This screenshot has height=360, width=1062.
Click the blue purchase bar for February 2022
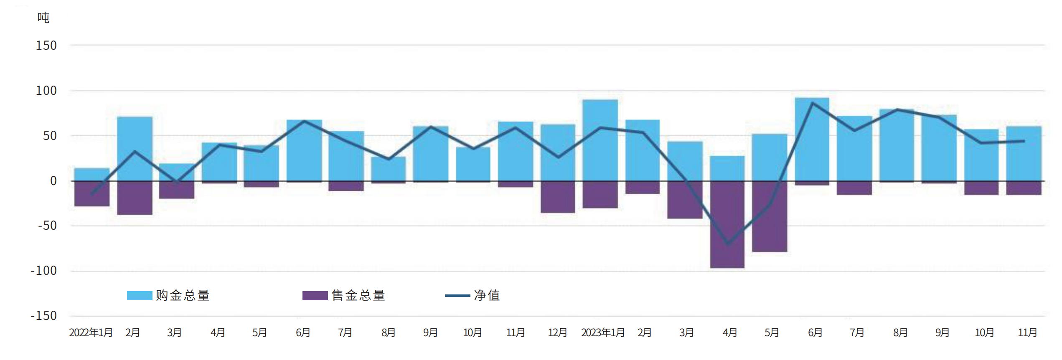(x=135, y=149)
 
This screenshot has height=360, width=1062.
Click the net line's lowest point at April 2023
(x=728, y=244)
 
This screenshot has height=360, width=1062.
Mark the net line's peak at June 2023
(x=813, y=103)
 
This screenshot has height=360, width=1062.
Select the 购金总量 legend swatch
(x=140, y=296)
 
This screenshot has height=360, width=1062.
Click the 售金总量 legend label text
(x=358, y=296)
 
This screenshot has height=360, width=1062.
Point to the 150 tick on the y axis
(x=46, y=45)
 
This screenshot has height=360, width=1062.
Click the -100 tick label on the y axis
(x=44, y=271)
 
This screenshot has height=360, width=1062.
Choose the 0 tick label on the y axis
(x=53, y=181)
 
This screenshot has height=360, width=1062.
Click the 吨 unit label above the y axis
(x=43, y=18)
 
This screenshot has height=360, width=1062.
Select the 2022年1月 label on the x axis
(x=91, y=332)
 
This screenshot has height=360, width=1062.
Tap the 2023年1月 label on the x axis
(x=602, y=332)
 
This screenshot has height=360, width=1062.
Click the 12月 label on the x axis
(x=557, y=332)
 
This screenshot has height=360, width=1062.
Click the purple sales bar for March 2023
(x=685, y=200)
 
